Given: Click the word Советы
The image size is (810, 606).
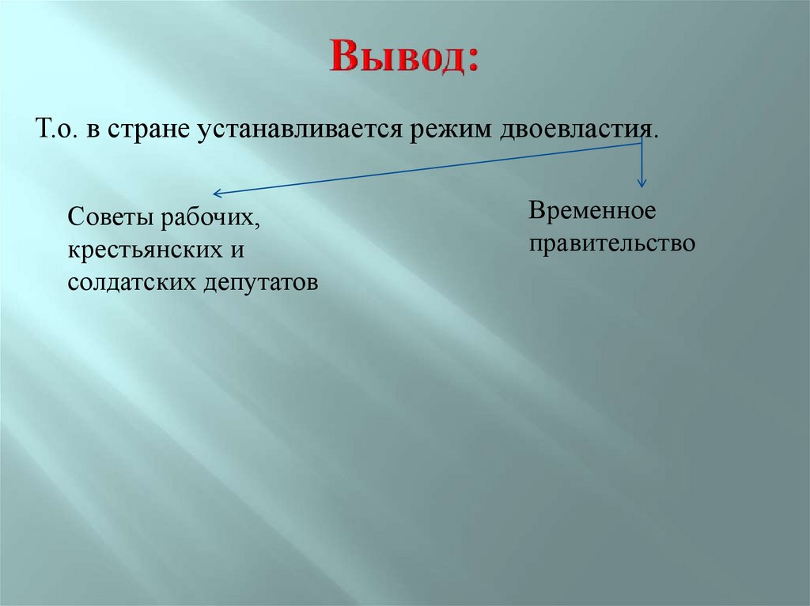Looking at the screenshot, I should click(111, 216).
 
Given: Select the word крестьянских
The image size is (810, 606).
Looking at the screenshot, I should click(142, 249).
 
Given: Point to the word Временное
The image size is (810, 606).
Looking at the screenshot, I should click(593, 210).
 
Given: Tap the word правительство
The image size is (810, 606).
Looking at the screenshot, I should click(612, 243).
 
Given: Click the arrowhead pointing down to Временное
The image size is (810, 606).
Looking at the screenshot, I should click(642, 183).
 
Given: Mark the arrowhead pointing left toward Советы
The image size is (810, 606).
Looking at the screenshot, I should click(217, 194).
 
